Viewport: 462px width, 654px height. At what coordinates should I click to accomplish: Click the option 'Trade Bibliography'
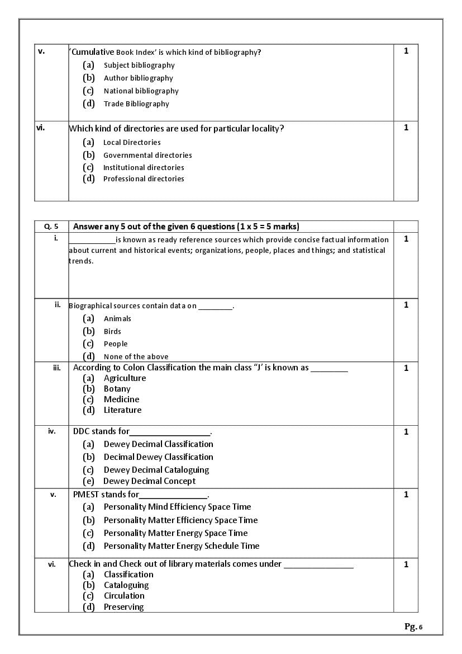pyautogui.click(x=136, y=104)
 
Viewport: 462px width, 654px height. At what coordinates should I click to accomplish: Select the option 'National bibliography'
pyautogui.click(x=141, y=91)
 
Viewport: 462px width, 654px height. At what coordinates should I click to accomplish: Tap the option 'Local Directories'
pyautogui.click(x=132, y=143)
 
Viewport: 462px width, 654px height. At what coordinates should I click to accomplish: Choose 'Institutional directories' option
pyautogui.click(x=144, y=168)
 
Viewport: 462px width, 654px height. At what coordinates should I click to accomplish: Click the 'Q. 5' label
pyautogui.click(x=51, y=227)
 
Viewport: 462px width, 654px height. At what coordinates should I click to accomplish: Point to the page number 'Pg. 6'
pyautogui.click(x=413, y=627)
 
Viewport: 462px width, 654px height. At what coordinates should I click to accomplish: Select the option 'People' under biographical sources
pyautogui.click(x=116, y=344)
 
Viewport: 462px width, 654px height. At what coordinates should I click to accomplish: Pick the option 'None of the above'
pyautogui.click(x=136, y=357)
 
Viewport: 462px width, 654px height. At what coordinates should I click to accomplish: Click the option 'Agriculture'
pyautogui.click(x=125, y=378)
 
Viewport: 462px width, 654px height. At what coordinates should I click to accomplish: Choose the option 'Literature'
pyautogui.click(x=122, y=410)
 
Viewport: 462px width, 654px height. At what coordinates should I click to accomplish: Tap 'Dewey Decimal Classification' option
pyautogui.click(x=158, y=444)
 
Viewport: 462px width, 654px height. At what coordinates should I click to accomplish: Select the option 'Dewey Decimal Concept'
pyautogui.click(x=149, y=481)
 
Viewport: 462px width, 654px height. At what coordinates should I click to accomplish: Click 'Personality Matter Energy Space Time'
pyautogui.click(x=175, y=533)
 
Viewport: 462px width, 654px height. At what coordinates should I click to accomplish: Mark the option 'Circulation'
pyautogui.click(x=124, y=596)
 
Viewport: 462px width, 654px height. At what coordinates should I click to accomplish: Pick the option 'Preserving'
pyautogui.click(x=123, y=607)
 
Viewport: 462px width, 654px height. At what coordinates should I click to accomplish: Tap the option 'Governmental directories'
pyautogui.click(x=147, y=156)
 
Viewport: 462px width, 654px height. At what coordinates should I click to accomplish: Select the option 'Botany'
pyautogui.click(x=117, y=389)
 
